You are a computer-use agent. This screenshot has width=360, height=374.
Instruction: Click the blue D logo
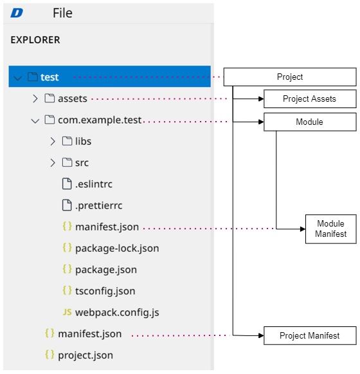[17, 13]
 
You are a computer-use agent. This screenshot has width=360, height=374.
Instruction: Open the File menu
[62, 13]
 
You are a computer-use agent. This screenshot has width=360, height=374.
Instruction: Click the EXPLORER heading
[35, 40]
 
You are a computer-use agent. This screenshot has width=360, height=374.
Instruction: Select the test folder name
[50, 77]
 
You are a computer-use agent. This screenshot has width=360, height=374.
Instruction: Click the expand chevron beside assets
[35, 98]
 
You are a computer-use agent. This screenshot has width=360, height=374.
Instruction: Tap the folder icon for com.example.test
[50, 120]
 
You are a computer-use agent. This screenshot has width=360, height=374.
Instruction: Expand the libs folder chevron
[53, 141]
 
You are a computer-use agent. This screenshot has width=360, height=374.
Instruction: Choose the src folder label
[82, 163]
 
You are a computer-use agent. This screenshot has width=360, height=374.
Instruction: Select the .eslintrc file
[94, 184]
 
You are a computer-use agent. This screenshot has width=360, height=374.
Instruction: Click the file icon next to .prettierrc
[67, 205]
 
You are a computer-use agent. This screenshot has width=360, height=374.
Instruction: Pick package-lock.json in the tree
[117, 248]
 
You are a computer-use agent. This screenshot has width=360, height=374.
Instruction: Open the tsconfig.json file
[105, 291]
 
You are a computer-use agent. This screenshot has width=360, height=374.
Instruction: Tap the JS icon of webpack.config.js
[67, 312]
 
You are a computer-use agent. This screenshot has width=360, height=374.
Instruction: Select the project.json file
[85, 355]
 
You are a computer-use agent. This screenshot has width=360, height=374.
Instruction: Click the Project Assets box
[310, 98]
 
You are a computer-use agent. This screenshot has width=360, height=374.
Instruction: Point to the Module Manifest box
[331, 229]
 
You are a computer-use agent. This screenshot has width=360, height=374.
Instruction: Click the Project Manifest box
[310, 335]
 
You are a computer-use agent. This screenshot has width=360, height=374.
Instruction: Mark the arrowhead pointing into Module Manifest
[303, 229]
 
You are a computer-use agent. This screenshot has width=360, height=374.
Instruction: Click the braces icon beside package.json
[67, 269]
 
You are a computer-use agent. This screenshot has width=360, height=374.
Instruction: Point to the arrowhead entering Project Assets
[261, 98]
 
